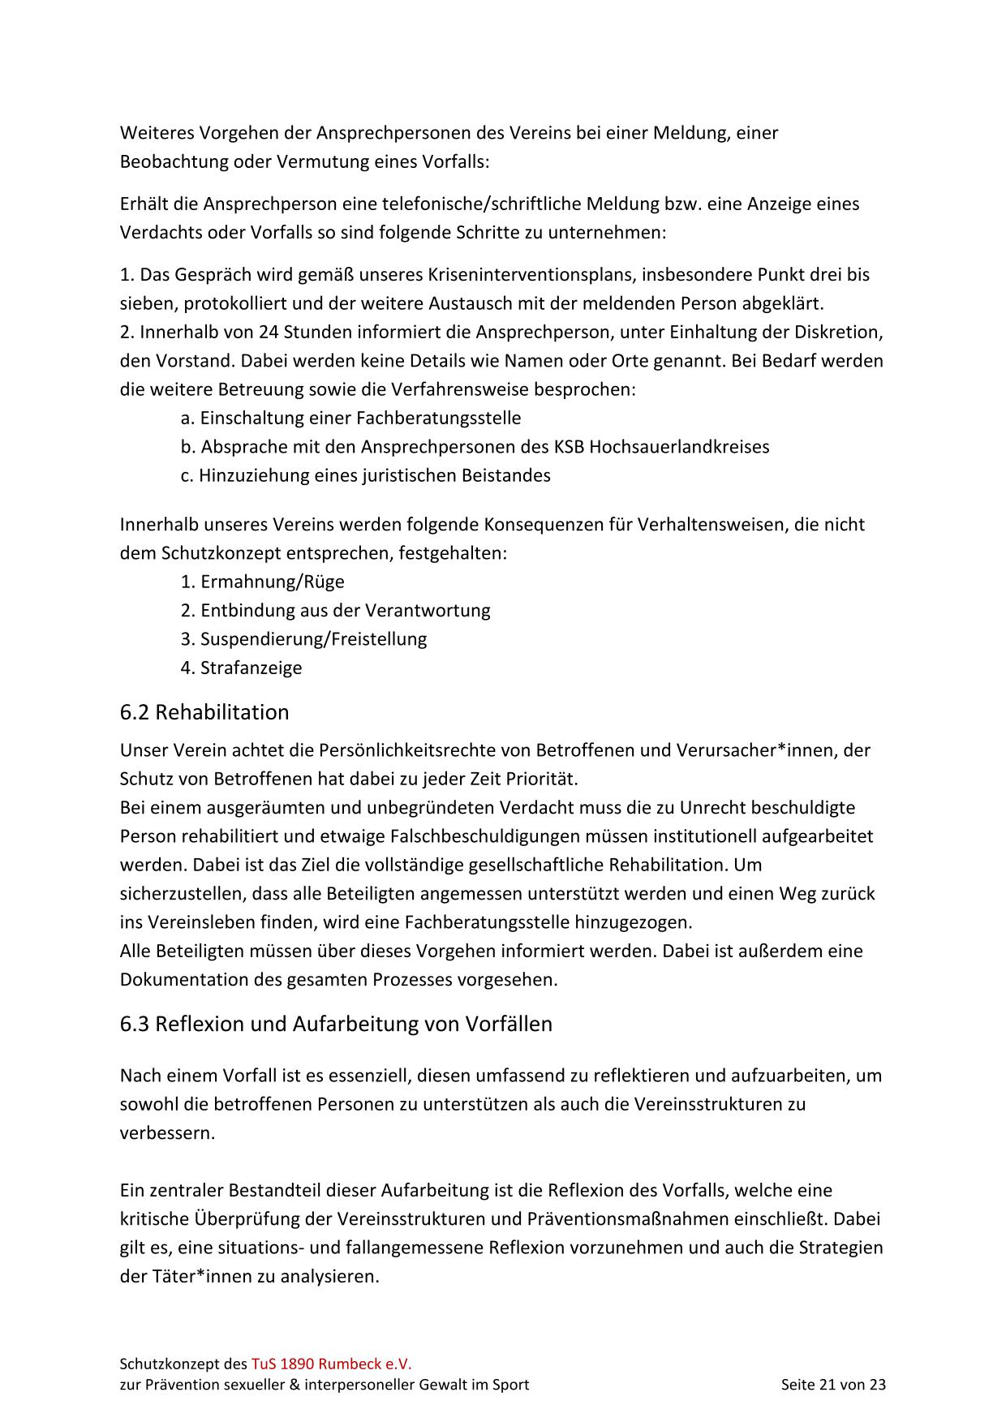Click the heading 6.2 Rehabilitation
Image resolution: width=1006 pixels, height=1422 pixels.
coord(204,712)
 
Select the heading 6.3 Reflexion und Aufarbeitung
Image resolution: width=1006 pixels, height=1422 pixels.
coord(336,1024)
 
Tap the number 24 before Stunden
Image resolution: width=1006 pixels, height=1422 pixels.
coord(269,332)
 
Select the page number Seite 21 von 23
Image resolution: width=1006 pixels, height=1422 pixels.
coord(833,1385)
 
